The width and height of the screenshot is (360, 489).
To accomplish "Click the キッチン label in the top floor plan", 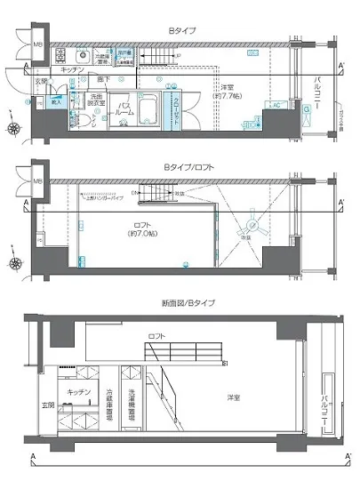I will pos(74,69).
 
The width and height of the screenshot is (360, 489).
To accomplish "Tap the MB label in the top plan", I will pos(37,45).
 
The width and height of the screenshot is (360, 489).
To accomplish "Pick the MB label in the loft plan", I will pos(37,182).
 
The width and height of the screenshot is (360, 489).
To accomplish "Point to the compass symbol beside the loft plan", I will pos(15,262).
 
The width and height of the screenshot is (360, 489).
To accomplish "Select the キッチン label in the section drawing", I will pos(75,391).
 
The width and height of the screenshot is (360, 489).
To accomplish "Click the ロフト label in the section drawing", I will pos(156,336).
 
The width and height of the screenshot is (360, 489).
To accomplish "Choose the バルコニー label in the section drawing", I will pos(321,399).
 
